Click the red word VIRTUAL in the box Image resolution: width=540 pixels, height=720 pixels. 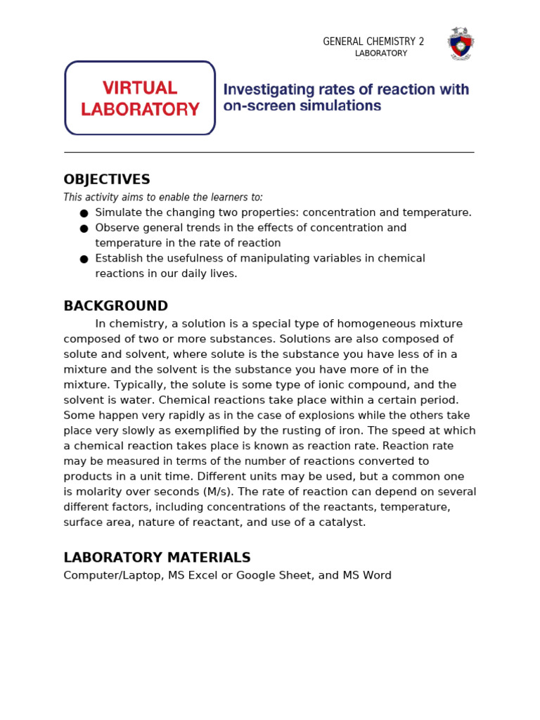[140, 88]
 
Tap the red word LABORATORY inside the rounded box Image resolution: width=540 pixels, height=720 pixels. [140, 110]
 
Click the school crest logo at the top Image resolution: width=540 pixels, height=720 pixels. [461, 44]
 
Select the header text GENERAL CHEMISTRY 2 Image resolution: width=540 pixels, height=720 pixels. [373, 42]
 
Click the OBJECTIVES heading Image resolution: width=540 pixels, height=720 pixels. [107, 179]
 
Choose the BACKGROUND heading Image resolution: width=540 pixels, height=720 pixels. [116, 306]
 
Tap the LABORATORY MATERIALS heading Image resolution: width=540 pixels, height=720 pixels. [157, 558]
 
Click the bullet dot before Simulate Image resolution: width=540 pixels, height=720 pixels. [84, 213]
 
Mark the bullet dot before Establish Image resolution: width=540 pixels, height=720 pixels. [84, 259]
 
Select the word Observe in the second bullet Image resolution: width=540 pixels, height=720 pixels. [117, 228]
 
